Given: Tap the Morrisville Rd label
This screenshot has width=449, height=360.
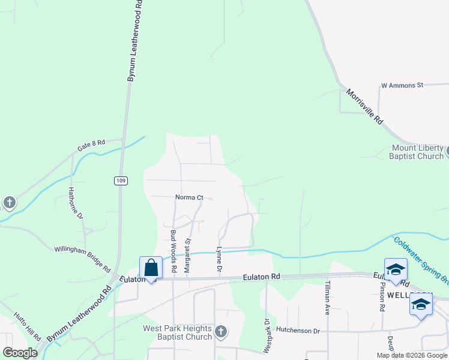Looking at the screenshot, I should click(x=364, y=107).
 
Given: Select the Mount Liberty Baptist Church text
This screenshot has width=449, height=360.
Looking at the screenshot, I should click(x=417, y=152).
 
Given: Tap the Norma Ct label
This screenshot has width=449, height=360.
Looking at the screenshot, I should click(x=190, y=197).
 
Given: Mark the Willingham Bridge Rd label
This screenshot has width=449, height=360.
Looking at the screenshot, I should click(x=82, y=258).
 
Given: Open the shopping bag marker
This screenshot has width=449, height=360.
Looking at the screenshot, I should click(x=151, y=268).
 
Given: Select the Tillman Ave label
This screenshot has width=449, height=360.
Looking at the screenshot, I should click(x=328, y=298).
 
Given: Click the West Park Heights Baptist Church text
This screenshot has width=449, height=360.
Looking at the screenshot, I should click(x=177, y=332).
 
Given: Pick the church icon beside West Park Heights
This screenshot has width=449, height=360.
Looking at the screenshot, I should click(x=221, y=331).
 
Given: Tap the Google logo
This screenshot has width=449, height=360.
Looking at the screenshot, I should click(x=20, y=353).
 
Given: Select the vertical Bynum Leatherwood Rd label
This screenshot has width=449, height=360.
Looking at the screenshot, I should click(x=134, y=41).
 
